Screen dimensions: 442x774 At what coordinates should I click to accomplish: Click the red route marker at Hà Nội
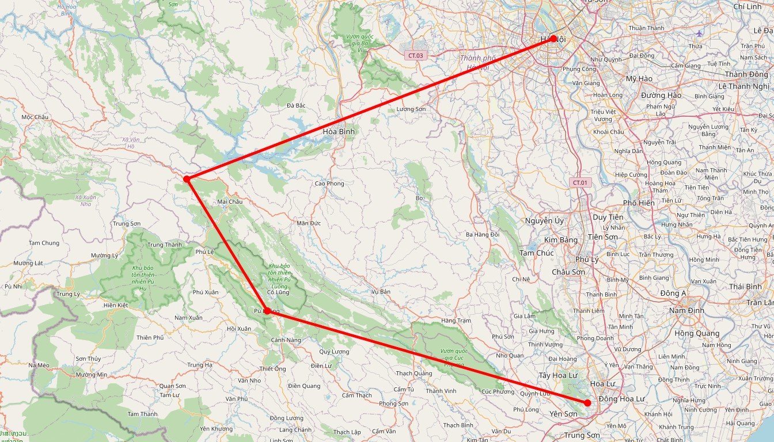click(553, 39)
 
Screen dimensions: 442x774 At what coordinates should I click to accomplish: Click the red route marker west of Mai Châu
click(187, 179)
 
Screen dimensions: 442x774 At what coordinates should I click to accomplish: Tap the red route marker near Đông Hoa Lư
click(587, 403)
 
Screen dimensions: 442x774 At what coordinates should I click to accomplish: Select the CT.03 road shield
click(415, 55)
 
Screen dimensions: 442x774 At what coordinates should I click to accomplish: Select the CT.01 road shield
click(580, 182)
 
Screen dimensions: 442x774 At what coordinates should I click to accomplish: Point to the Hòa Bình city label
click(339, 131)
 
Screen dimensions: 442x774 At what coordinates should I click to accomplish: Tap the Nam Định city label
click(687, 311)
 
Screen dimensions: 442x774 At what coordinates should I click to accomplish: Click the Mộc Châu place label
click(35, 117)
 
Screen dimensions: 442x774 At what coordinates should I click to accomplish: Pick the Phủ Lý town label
click(587, 259)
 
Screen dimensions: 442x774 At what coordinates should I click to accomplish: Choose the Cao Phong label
click(329, 184)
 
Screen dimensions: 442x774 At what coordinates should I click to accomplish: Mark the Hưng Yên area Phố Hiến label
click(638, 203)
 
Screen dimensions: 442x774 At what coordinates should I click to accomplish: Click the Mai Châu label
click(230, 201)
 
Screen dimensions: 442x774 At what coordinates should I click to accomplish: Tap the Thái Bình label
click(745, 287)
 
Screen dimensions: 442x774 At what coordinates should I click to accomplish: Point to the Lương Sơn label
click(411, 109)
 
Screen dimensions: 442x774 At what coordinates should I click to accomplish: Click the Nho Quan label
click(510, 355)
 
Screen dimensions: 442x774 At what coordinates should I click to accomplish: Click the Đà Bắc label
click(295, 105)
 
